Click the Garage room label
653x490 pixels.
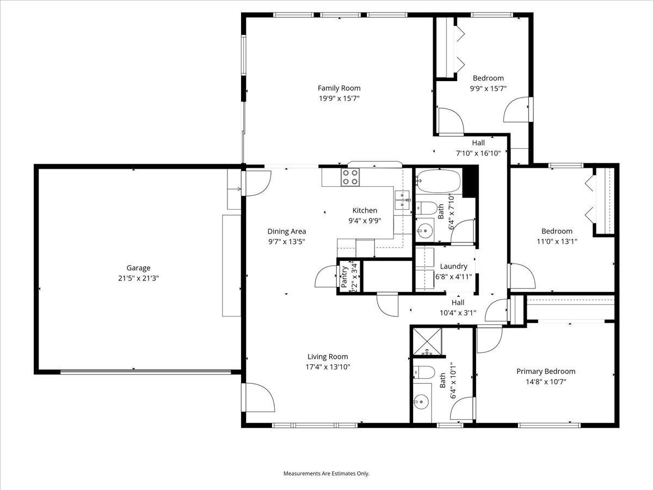click(138, 268)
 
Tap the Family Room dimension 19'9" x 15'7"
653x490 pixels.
click(339, 99)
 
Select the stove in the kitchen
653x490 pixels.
click(350, 177)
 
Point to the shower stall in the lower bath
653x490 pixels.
click(427, 341)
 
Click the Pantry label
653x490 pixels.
click(344, 276)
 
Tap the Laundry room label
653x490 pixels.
click(453, 266)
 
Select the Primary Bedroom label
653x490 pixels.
click(545, 371)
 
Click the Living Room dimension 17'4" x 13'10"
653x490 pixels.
click(327, 367)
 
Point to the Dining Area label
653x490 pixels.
click(286, 231)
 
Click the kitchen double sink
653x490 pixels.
click(403, 199)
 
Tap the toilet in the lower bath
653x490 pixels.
click(424, 373)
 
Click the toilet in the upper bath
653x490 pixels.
click(427, 207)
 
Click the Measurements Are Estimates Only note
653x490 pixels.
click(326, 474)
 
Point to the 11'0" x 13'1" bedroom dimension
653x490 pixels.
click(556, 241)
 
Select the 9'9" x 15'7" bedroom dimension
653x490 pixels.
click(488, 88)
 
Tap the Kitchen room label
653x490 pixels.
click(365, 210)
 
